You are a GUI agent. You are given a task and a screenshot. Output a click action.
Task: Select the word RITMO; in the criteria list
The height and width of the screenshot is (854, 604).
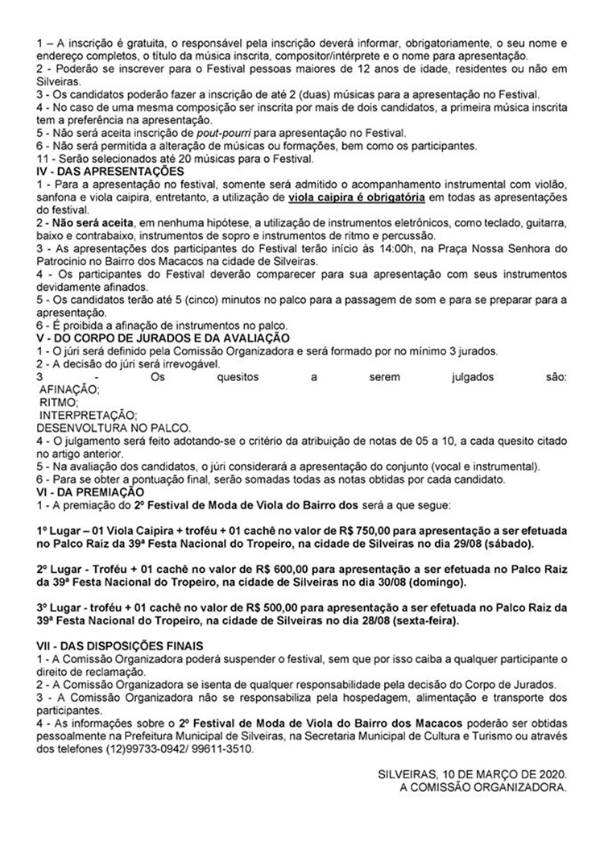click(x=58, y=401)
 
